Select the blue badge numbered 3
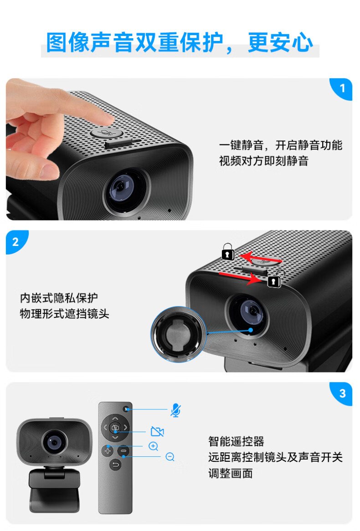342,393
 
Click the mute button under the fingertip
107,133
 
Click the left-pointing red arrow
260,258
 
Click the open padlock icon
275,279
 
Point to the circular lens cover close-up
178,334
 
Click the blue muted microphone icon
175,410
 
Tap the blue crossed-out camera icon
157,431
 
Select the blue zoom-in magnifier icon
154,446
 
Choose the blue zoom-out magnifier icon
170,457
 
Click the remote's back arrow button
116,465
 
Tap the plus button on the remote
108,451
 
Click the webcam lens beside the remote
54,442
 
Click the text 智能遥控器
236,441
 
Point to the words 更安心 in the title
280,42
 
